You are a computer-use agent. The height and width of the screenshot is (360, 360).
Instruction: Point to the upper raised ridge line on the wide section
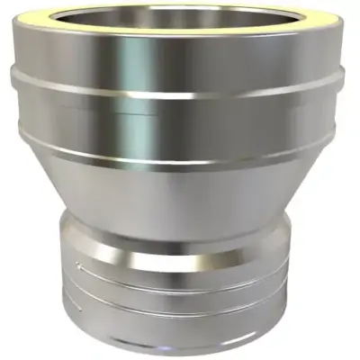pos(180,90)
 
